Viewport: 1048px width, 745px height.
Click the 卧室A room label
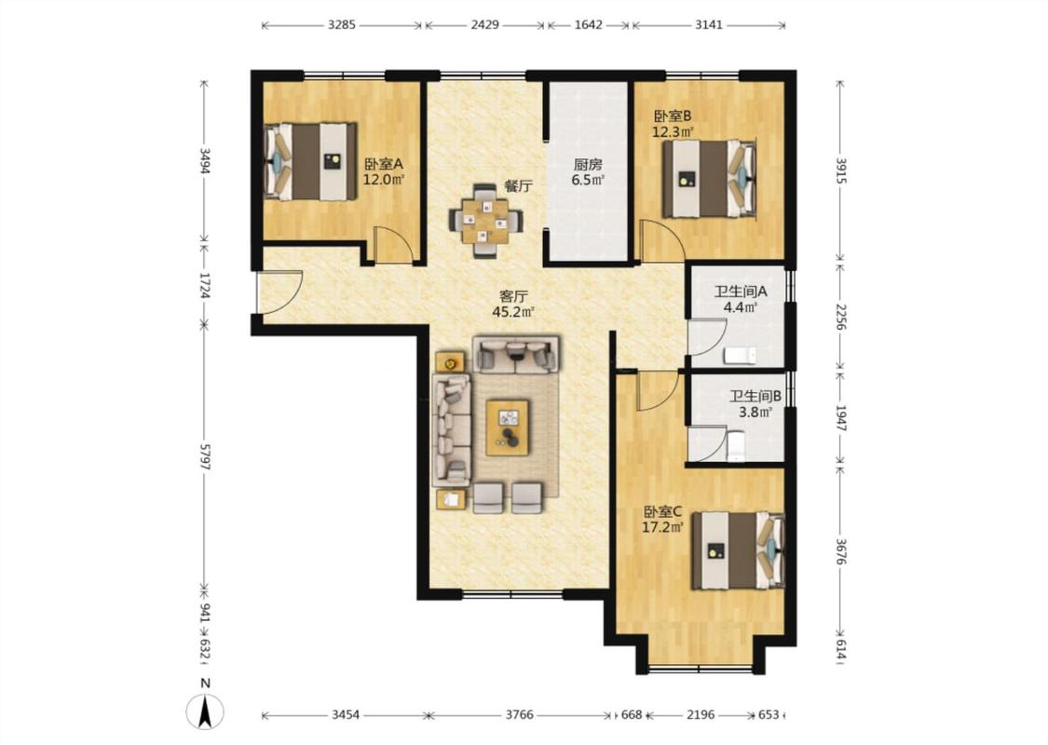coord(384,164)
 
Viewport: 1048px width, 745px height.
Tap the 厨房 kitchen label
coord(588,164)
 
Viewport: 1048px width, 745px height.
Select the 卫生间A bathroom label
coord(740,291)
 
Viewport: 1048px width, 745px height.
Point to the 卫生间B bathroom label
coord(755,396)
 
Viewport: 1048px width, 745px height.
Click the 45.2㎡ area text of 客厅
coord(512,312)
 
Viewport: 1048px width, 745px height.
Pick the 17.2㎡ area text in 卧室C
coord(662,527)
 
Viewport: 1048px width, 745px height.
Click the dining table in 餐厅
coord(485,221)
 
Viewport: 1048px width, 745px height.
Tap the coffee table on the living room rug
coord(508,427)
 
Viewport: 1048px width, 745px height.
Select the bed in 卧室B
coord(709,179)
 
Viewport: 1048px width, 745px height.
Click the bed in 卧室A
coord(311,161)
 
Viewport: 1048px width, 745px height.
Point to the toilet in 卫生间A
coord(740,355)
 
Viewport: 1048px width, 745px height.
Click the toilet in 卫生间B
coord(735,446)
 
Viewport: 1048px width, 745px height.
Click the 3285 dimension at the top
coord(342,25)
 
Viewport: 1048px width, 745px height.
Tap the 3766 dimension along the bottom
coord(519,715)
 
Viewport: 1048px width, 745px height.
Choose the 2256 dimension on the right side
coord(841,317)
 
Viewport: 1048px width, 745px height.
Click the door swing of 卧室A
coord(392,245)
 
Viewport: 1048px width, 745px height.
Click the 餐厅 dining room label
coord(519,186)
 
